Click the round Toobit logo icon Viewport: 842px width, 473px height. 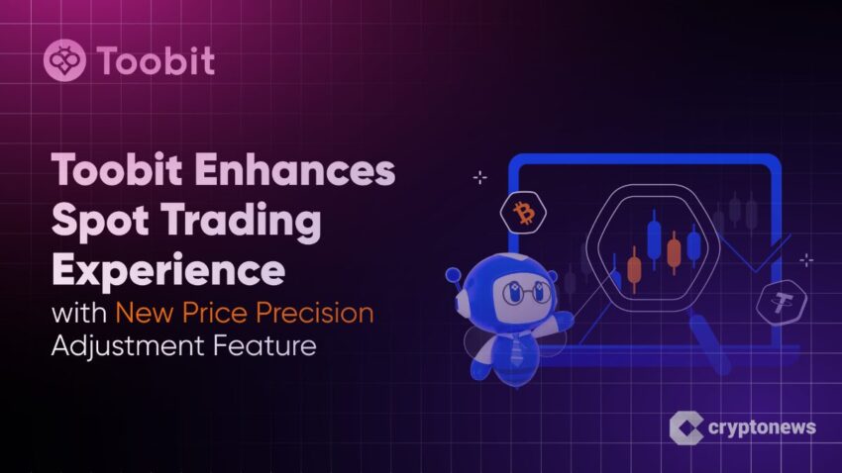pos(64,60)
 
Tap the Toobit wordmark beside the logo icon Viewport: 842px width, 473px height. pos(157,60)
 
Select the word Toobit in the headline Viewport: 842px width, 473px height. pos(117,169)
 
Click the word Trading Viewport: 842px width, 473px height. pos(241,221)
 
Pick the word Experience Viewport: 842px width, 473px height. pos(168,270)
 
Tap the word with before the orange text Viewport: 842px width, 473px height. pos(79,312)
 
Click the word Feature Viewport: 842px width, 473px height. pos(264,345)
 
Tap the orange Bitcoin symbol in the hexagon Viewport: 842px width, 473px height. pos(524,214)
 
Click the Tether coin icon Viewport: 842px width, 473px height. pos(782,303)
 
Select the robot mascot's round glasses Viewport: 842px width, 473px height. pos(526,292)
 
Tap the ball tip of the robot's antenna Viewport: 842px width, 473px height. pos(454,275)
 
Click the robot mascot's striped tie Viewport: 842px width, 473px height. pos(516,348)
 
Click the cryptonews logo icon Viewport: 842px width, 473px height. pos(685,427)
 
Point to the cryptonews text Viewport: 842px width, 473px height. pos(762,427)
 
